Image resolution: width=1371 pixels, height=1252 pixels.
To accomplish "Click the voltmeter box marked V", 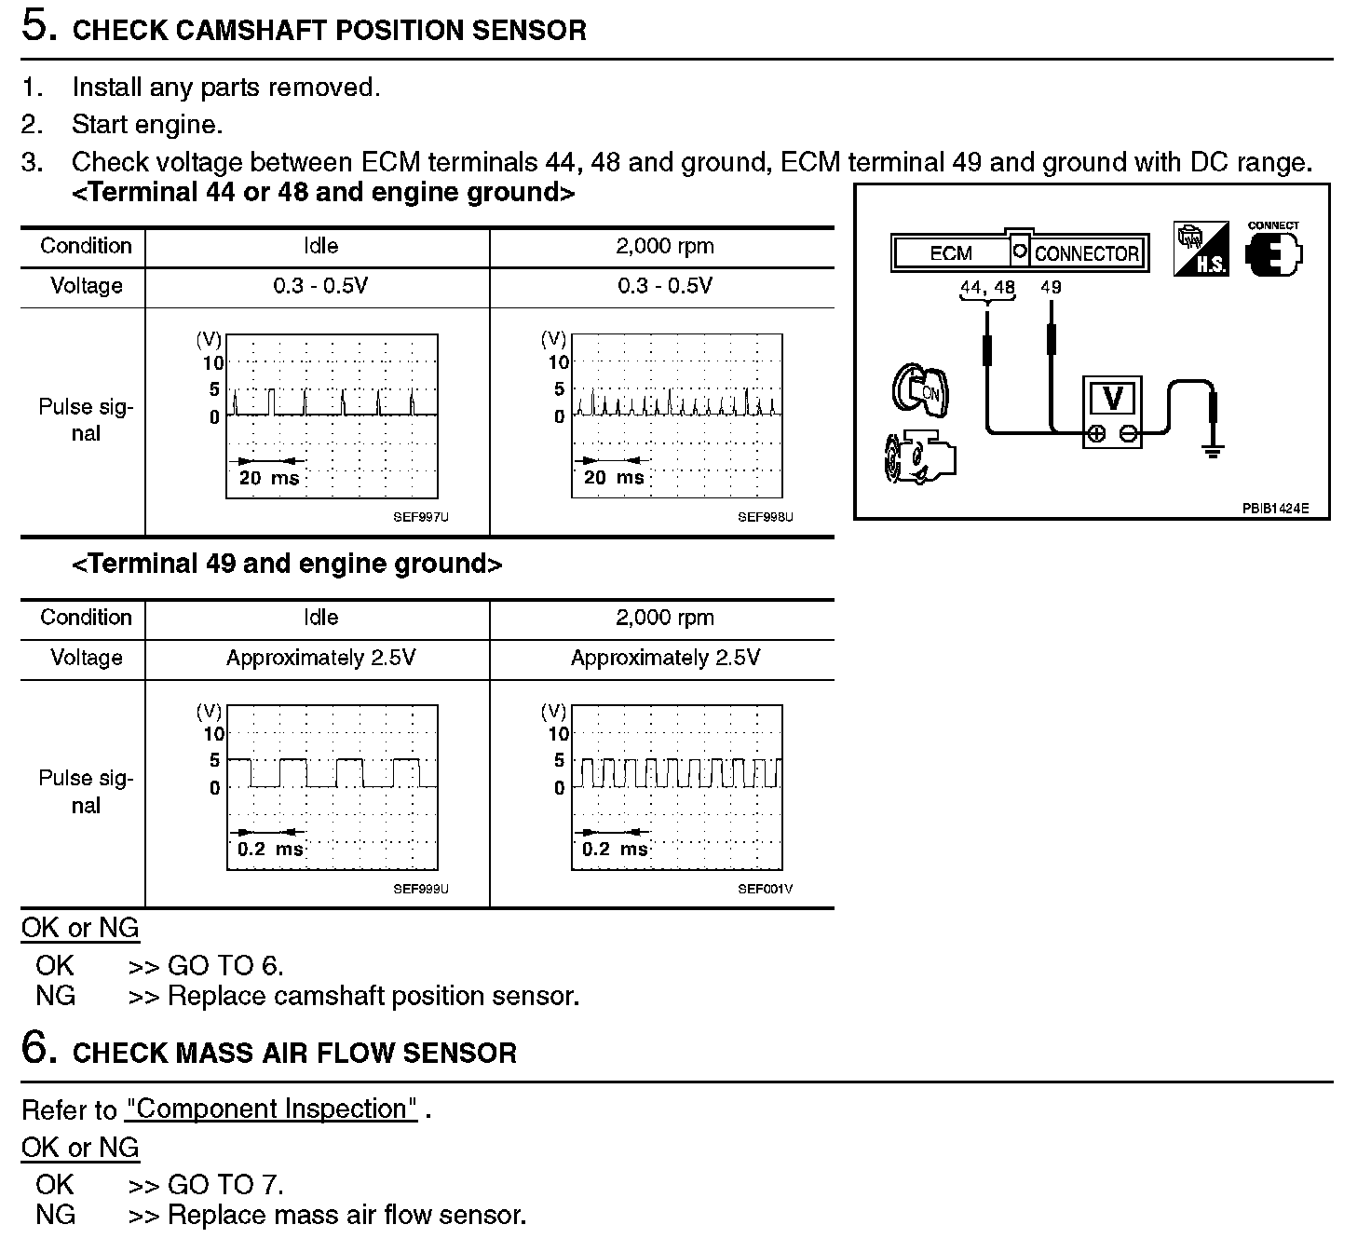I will pos(1112,412).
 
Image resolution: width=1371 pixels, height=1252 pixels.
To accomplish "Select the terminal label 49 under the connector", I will pos(1051,287).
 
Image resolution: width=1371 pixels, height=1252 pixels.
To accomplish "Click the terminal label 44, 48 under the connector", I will pos(987,287).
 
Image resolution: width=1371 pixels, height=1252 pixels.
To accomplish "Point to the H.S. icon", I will pos(1201,250).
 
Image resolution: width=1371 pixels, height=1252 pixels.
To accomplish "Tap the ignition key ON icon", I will pos(920,389).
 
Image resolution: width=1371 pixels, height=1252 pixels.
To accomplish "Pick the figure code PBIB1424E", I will pos(1274,509).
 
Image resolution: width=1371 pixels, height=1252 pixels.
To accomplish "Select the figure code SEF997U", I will pos(420,517).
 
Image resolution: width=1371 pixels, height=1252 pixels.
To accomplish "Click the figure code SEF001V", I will pos(765,889).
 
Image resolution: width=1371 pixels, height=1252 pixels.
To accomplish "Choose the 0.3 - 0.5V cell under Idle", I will pos(320,286).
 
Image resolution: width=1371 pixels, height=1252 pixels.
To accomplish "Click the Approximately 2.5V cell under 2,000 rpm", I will pos(665,658).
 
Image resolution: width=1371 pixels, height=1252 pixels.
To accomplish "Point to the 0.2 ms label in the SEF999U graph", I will pos(270,850).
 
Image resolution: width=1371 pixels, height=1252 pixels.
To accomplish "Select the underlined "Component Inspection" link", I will pos(272,1109).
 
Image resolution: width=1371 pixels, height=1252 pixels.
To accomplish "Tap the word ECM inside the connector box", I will pos(950,253).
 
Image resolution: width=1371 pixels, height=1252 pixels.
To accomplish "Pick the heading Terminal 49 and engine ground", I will pos(287,564).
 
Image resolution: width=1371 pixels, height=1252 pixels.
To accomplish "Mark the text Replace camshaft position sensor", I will pos(373,996).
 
